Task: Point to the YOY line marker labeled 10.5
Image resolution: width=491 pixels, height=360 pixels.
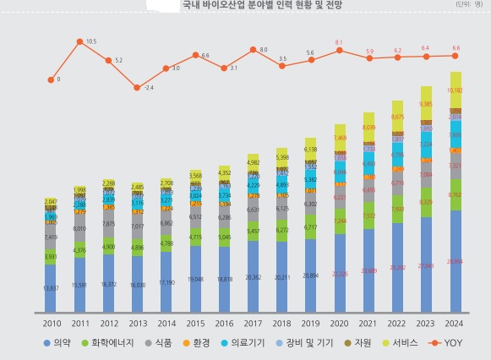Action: (79, 41)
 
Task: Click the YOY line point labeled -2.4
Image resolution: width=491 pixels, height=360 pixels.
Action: (137, 87)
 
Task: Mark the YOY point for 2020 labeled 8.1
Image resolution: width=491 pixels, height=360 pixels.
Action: (340, 50)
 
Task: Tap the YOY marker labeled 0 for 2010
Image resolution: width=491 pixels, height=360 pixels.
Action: (50, 79)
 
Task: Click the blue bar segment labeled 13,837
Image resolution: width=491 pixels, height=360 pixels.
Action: (50, 288)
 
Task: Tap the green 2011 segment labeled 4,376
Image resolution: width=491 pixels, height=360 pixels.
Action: (79, 249)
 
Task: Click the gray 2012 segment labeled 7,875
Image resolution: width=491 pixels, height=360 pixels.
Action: (108, 224)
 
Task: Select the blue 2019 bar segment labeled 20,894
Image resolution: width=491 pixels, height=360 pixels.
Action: (311, 275)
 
